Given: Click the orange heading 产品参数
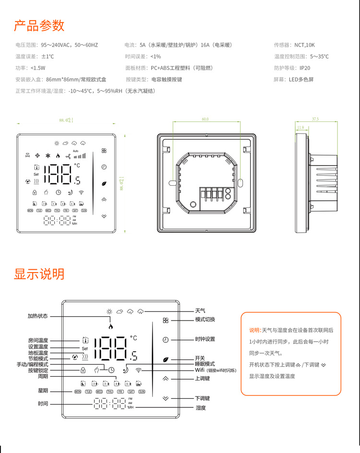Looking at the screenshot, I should coord(39,25).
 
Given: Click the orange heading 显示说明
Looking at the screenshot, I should coord(39,274).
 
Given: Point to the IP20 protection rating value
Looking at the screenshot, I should coord(305,68).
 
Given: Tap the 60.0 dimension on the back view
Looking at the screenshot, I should coord(205,119).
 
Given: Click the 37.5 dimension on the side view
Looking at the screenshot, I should coord(315,119).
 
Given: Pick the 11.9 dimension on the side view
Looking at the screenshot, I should coord(301,128).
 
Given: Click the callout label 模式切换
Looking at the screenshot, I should coord(205,320).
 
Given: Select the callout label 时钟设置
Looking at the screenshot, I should coord(205,339).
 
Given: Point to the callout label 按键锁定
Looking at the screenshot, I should coord(38,370).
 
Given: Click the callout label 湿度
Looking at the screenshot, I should coord(200,408).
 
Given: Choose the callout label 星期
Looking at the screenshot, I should coord(43,391).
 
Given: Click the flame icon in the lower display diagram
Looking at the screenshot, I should coord(111,326).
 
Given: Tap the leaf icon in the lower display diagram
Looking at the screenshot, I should coord(166,359).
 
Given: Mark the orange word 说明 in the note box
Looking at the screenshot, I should coord(254,331).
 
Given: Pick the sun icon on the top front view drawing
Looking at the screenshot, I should coord(57,143).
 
